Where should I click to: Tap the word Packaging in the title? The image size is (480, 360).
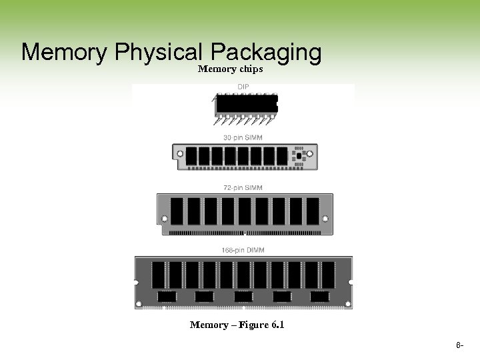pyautogui.click(x=265, y=53)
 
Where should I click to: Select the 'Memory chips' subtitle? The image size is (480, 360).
pyautogui.click(x=230, y=69)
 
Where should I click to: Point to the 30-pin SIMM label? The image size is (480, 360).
pyautogui.click(x=243, y=137)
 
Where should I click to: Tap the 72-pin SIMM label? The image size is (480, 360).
pyautogui.click(x=243, y=188)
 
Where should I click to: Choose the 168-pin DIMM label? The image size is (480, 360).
pyautogui.click(x=243, y=250)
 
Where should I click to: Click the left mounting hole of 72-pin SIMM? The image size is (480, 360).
pyautogui.click(x=164, y=218)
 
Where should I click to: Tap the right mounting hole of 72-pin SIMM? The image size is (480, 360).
pyautogui.click(x=325, y=218)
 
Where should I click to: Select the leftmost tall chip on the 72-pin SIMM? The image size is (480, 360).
pyautogui.click(x=177, y=211)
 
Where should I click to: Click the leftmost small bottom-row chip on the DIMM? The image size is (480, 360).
pyautogui.click(x=167, y=296)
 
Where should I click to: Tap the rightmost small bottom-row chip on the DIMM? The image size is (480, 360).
pyautogui.click(x=319, y=296)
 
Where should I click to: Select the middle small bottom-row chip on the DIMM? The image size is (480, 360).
pyautogui.click(x=243, y=296)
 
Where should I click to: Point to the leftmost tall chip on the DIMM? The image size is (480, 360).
pyautogui.click(x=159, y=274)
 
